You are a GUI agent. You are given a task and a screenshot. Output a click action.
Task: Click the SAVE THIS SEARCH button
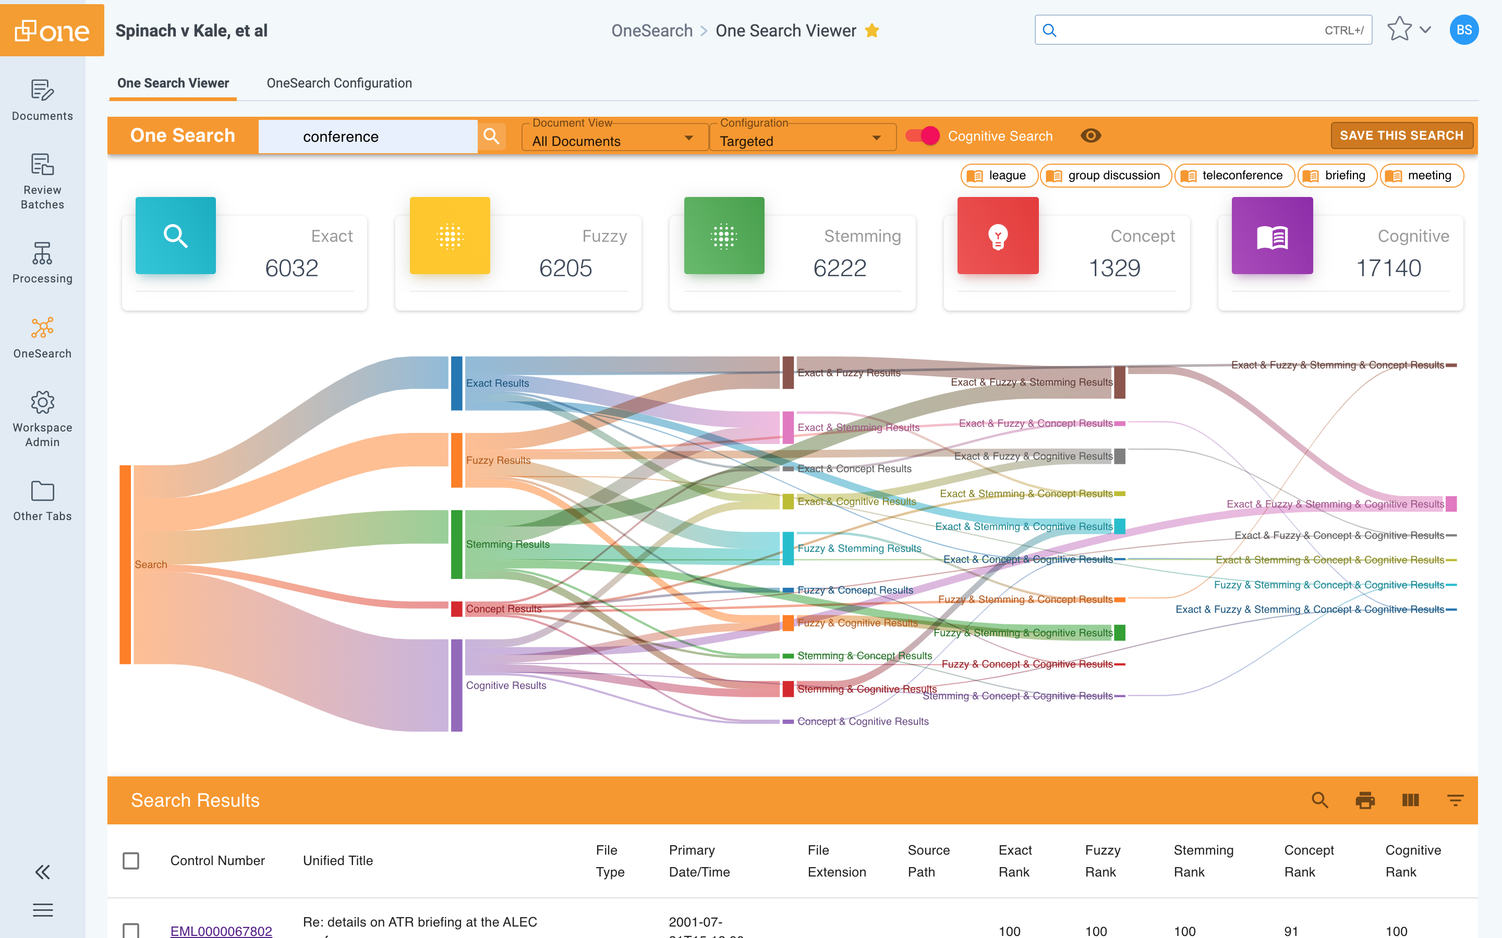(1401, 135)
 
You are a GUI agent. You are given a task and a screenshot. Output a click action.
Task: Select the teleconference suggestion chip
(1234, 176)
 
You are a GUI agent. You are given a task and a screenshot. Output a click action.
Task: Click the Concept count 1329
(1114, 268)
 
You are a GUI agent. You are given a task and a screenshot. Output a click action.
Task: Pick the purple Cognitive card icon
(1271, 236)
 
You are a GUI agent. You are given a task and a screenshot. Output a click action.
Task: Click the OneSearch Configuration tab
(339, 83)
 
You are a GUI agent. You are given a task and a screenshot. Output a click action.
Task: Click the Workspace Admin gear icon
(42, 403)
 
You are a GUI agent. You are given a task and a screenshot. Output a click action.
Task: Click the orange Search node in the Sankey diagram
(125, 564)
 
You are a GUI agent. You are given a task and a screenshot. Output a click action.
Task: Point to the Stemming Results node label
(507, 544)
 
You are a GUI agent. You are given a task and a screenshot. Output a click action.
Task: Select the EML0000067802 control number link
(221, 930)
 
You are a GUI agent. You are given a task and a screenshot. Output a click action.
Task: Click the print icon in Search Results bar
(1364, 800)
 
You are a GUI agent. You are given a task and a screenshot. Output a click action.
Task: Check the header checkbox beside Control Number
(131, 860)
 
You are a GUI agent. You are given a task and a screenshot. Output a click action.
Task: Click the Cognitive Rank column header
(1413, 860)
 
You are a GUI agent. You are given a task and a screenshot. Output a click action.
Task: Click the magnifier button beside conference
(491, 136)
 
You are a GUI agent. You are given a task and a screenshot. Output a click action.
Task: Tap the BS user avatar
(1463, 30)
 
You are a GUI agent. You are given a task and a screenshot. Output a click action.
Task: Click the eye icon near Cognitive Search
(1091, 136)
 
